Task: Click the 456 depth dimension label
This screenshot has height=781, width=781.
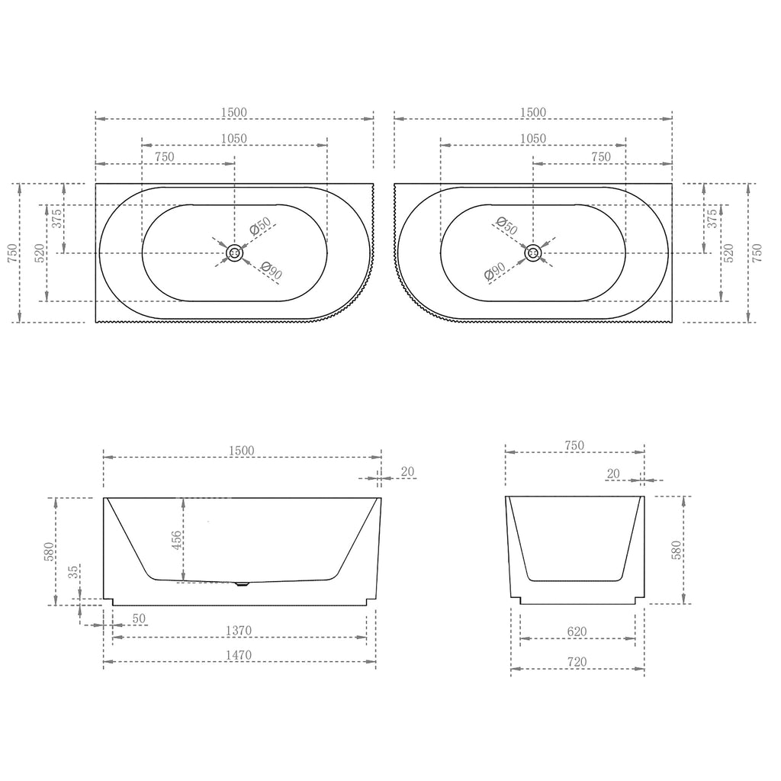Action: (x=177, y=540)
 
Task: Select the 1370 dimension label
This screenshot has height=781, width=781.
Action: (x=239, y=631)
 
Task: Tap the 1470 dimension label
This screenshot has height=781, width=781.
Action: (x=239, y=655)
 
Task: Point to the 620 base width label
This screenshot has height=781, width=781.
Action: (x=577, y=632)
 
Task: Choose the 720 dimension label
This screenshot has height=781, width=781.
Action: (x=577, y=662)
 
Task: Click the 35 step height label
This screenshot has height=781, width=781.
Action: (x=73, y=572)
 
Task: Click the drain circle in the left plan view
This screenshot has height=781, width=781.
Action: (x=234, y=253)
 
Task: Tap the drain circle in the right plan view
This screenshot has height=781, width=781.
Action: (x=533, y=253)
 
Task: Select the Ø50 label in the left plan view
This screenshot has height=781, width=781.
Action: (x=261, y=226)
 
